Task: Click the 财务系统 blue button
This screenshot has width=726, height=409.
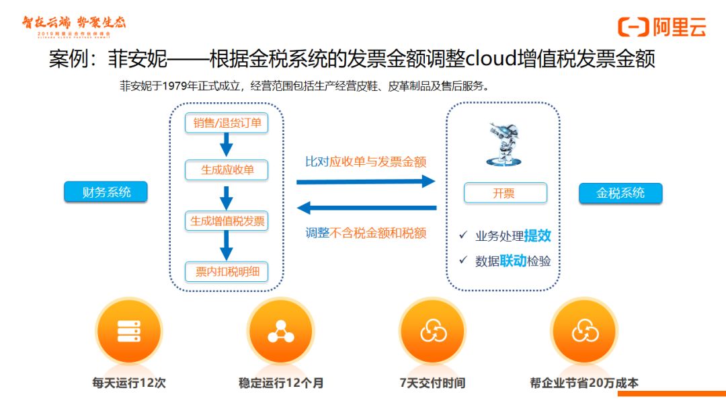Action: click(x=106, y=192)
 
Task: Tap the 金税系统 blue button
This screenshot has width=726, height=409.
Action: click(x=620, y=193)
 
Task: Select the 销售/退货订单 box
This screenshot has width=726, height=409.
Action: click(x=227, y=123)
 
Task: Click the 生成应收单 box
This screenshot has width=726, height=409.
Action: click(x=227, y=170)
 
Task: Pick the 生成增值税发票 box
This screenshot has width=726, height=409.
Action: click(x=227, y=221)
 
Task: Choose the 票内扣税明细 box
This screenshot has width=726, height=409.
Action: click(x=227, y=272)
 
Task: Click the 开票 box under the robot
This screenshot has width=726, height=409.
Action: click(x=505, y=193)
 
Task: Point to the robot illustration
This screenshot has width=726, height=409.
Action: click(x=504, y=142)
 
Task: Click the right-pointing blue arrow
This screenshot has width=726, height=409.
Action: click(x=366, y=182)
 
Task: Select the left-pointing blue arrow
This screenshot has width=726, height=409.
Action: click(x=366, y=208)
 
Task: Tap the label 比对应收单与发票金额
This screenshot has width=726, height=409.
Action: click(x=366, y=161)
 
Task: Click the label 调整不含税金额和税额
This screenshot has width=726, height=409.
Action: click(x=366, y=233)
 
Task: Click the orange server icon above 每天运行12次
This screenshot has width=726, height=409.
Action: click(x=128, y=331)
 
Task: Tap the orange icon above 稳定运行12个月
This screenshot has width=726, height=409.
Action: click(x=280, y=331)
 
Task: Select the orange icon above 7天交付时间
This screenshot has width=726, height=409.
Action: click(x=432, y=331)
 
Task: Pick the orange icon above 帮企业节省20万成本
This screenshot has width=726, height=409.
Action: click(x=584, y=331)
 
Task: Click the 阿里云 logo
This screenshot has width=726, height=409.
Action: click(x=662, y=27)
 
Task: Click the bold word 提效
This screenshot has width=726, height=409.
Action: click(x=537, y=235)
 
